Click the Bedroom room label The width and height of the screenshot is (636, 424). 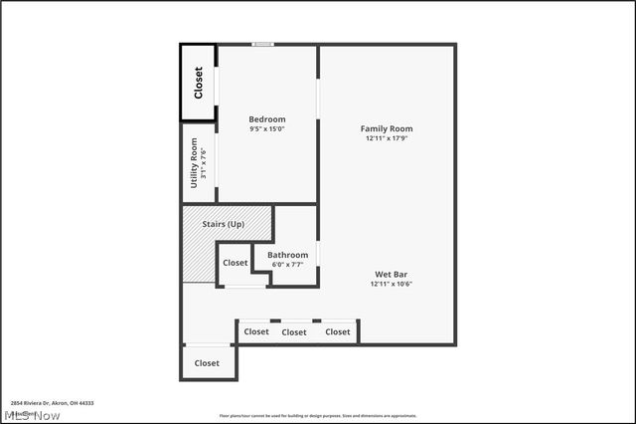click(266, 119)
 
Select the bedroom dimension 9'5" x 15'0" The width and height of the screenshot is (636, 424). click(266, 128)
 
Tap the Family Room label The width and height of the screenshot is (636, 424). click(387, 128)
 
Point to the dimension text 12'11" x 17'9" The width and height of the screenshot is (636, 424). click(387, 137)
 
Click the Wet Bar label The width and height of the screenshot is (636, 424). click(391, 275)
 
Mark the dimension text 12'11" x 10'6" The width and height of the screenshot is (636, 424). click(391, 284)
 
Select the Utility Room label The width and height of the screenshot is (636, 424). click(195, 162)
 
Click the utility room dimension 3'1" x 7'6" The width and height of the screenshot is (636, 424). click(204, 162)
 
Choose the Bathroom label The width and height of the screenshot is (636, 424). click(287, 255)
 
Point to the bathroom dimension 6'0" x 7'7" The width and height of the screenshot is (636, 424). click(287, 264)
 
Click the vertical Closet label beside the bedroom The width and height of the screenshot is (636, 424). click(198, 83)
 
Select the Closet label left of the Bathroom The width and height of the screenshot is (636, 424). click(236, 263)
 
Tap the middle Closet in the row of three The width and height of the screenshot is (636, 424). click(294, 332)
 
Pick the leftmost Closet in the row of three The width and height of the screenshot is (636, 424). click(256, 331)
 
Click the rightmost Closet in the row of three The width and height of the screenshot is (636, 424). click(338, 331)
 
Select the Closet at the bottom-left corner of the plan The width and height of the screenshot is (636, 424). click(207, 363)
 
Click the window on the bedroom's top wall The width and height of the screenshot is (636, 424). click(262, 44)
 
